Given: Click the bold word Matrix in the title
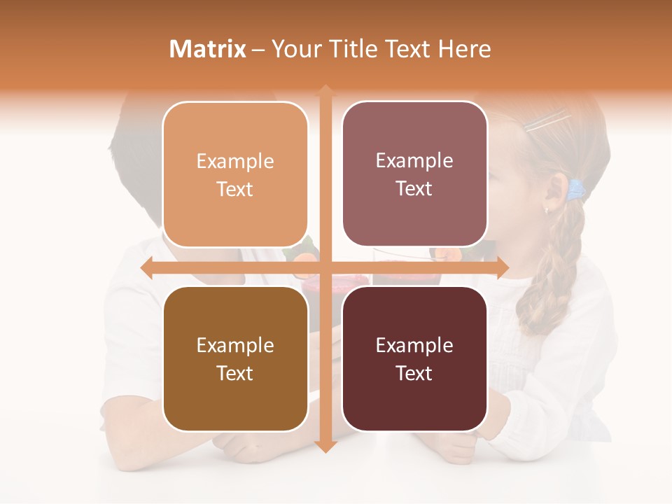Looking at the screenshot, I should [x=208, y=49].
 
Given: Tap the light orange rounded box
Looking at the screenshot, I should [x=235, y=174].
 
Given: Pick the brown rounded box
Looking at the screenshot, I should [x=235, y=358].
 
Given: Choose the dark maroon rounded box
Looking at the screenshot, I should [x=414, y=358].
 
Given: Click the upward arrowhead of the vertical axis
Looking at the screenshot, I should [x=325, y=92].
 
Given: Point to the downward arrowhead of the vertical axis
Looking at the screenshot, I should [x=325, y=446].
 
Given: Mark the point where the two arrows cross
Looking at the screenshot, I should [x=325, y=267].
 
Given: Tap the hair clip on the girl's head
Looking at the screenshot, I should [x=546, y=123].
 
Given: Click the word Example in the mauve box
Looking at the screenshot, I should [x=414, y=160].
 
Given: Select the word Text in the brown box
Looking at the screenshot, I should [x=235, y=373].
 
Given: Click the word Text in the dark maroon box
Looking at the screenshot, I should [x=414, y=373].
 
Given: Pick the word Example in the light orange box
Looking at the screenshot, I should [x=235, y=161].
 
